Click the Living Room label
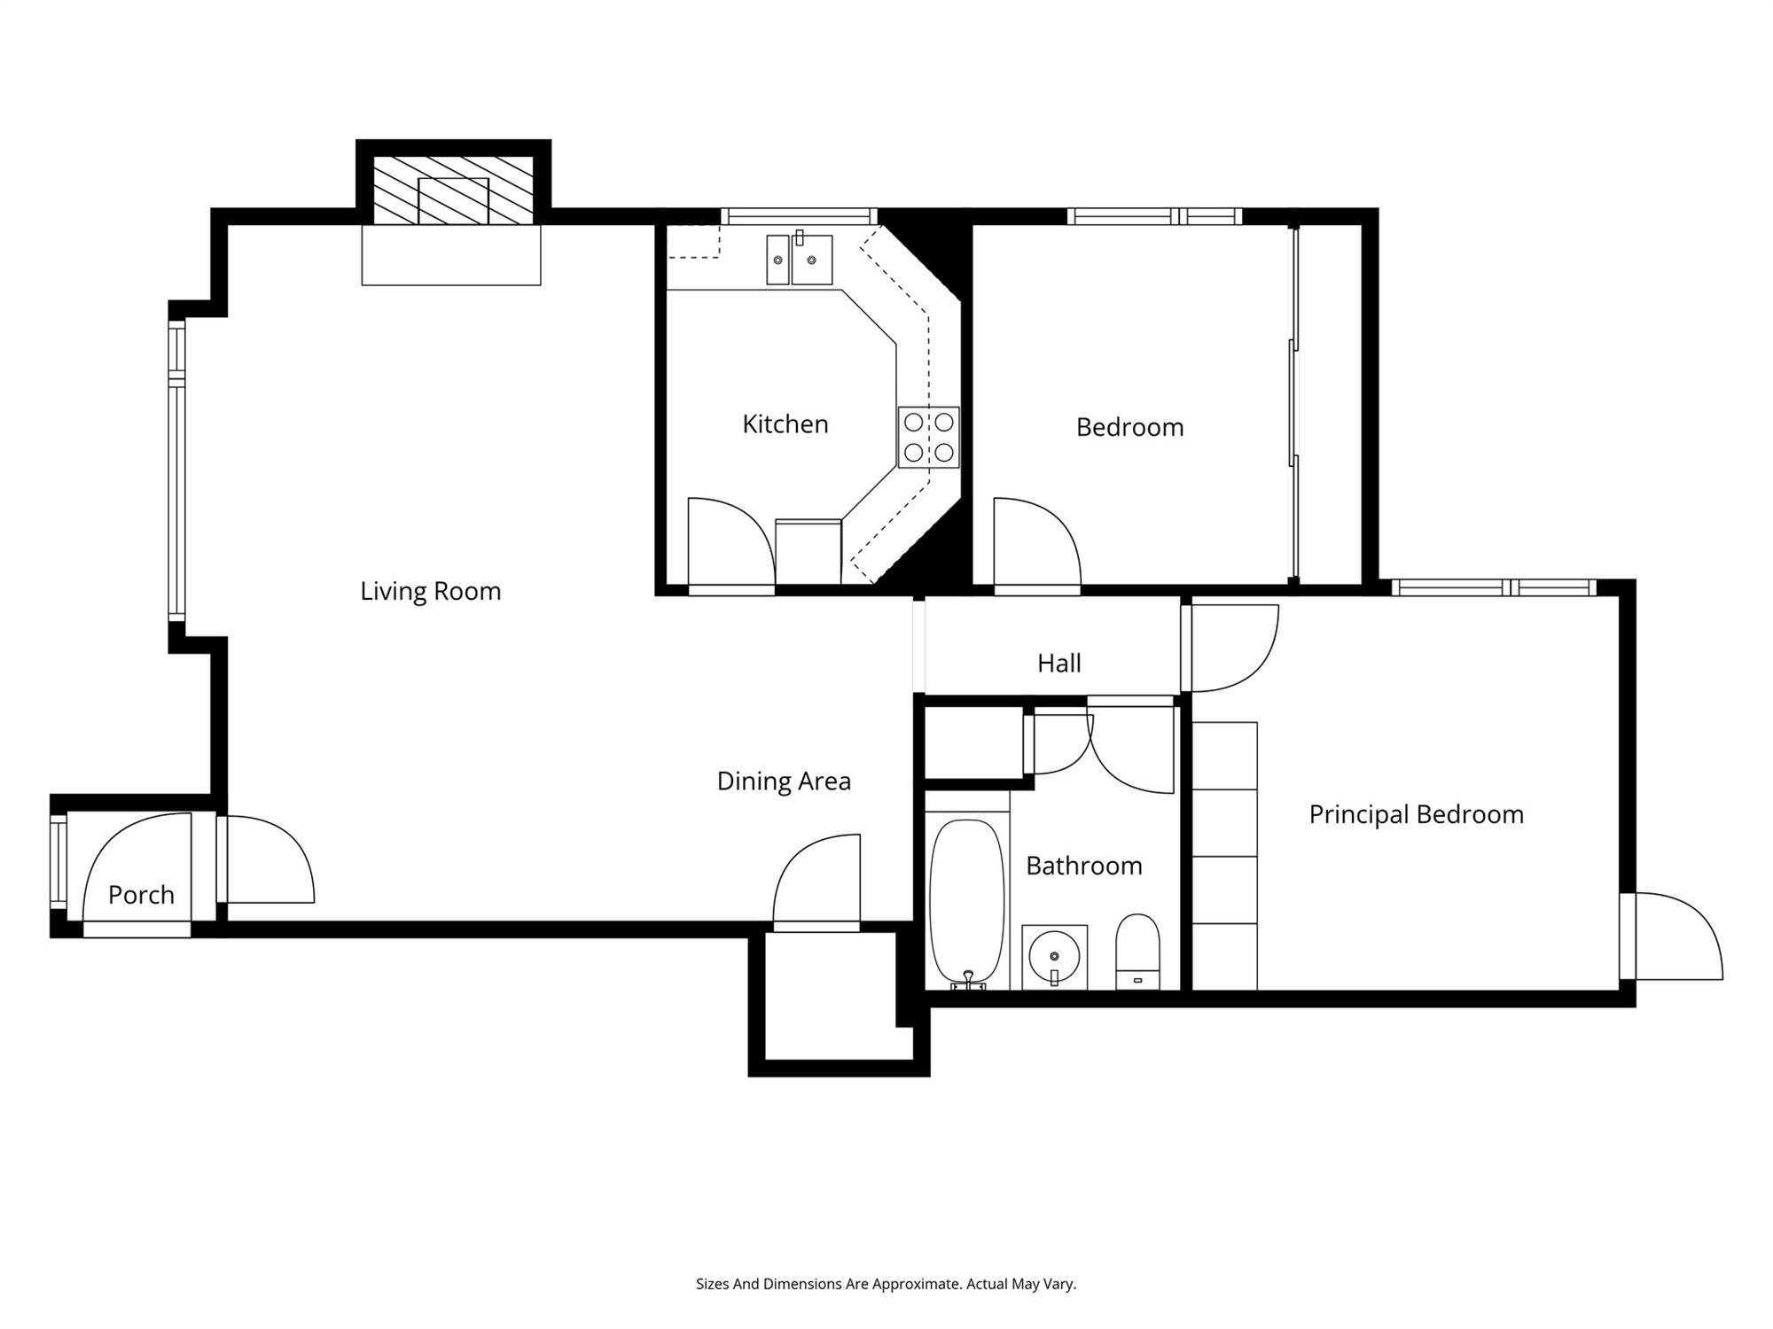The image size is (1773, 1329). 431,591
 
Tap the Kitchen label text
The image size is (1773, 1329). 785,424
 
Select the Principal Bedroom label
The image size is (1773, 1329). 1417,814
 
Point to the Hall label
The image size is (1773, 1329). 1059,663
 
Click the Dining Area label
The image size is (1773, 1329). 784,781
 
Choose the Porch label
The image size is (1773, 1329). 141,895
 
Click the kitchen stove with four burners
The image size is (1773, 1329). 929,437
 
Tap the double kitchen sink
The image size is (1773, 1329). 800,260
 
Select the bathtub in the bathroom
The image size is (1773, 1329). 967,903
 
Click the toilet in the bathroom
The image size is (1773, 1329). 1137,952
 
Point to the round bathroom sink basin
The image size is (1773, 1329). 1054,957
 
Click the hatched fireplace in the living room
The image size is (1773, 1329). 453,190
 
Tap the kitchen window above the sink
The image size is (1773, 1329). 799,216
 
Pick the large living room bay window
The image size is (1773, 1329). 177,470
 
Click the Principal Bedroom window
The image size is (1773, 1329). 1494,587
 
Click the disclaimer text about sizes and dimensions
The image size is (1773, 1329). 886,1284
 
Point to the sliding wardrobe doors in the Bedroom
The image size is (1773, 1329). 1294,404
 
